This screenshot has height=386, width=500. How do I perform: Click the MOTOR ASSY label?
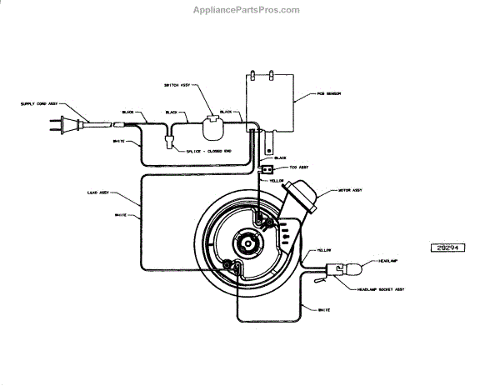pyautogui.click(x=350, y=190)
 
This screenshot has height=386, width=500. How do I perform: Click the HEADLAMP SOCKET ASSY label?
pyautogui.click(x=381, y=288)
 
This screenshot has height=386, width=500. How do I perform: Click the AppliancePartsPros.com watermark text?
pyautogui.click(x=250, y=10)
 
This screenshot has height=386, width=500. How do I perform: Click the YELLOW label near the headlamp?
pyautogui.click(x=324, y=250)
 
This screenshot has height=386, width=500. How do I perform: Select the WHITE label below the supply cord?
pyautogui.click(x=118, y=141)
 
